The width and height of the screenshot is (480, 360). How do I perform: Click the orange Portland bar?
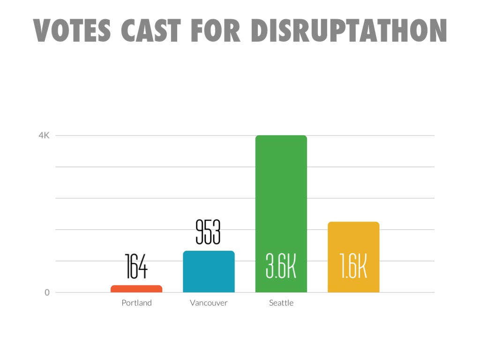(x=136, y=289)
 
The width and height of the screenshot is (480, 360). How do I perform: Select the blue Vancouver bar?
(x=209, y=272)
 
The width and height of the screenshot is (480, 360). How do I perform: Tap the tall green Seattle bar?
(x=281, y=197)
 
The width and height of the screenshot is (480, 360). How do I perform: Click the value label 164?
(x=136, y=266)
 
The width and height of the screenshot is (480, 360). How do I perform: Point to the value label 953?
(x=208, y=232)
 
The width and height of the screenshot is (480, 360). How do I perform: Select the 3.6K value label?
(x=281, y=267)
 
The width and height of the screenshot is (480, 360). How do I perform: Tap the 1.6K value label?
(x=353, y=267)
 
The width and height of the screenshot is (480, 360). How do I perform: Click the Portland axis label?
(x=136, y=303)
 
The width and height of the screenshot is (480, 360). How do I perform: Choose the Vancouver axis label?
(x=209, y=303)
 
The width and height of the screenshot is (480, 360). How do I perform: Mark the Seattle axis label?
(x=281, y=303)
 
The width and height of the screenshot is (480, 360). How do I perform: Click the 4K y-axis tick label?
(x=44, y=135)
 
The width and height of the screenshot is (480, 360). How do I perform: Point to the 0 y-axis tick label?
(x=47, y=292)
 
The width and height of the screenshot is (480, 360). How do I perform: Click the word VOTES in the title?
(x=72, y=30)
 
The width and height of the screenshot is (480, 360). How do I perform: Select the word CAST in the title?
(x=150, y=30)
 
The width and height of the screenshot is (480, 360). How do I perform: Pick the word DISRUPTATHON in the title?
(x=348, y=30)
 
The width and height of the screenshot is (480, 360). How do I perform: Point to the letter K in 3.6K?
(x=291, y=267)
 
